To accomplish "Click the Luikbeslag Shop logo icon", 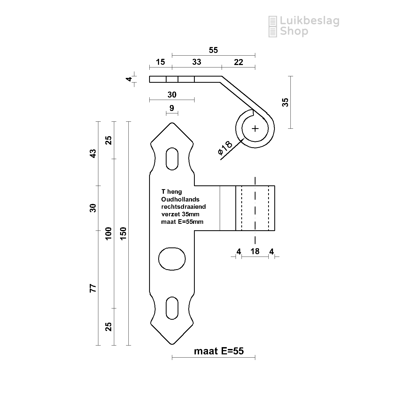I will coord(273,26).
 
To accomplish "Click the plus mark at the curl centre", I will coord(255,128).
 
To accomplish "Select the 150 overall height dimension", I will coord(123,233).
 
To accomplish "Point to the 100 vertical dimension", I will coord(108,233).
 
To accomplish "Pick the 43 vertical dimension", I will coord(93,153).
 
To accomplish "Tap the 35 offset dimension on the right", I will coord(285,102).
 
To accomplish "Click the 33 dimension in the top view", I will coord(197,62).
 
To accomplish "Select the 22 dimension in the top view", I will coord(238,62).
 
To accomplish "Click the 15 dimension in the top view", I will coord(160,62).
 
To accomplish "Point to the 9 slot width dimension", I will coord(172,108).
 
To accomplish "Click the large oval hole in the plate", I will coord(172,258).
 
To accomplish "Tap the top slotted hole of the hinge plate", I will coord(172,159).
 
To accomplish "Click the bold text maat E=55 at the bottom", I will coord(219,351).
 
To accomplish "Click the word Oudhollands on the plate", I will coord(180,199).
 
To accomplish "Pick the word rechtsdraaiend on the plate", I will coord(183,207).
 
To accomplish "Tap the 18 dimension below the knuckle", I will coord(255,251).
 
